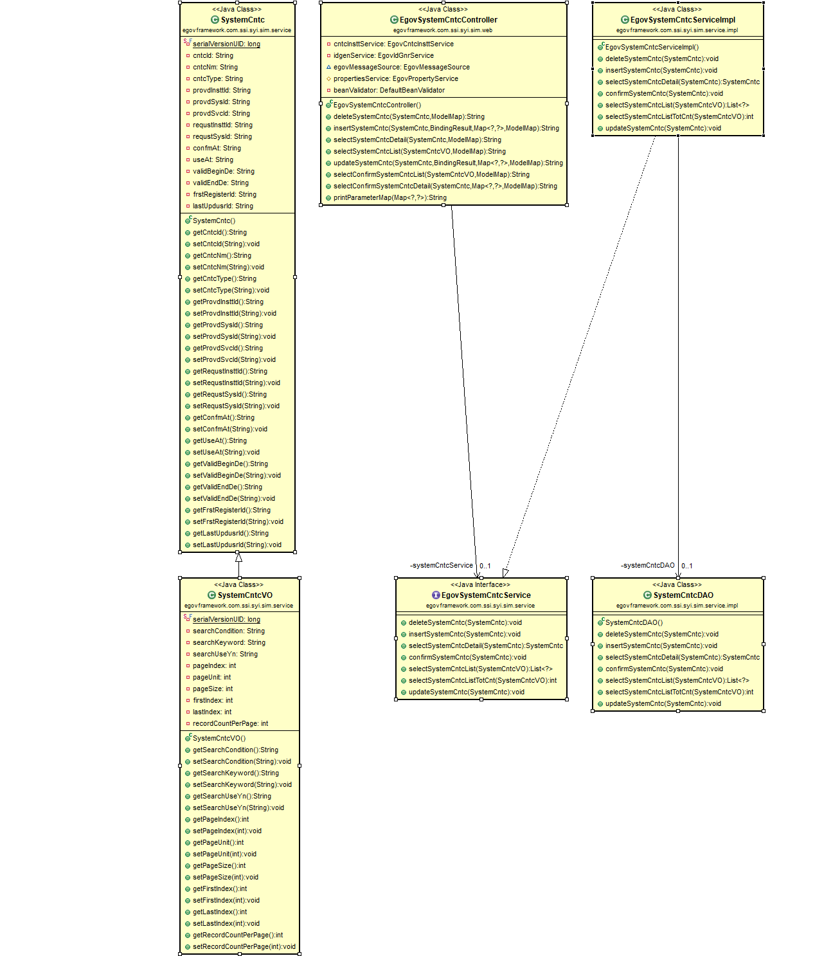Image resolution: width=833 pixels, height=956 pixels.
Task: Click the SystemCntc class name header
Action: point(242,20)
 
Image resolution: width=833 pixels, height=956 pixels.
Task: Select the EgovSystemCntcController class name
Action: point(448,20)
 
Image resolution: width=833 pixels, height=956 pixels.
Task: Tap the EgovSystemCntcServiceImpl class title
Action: point(683,20)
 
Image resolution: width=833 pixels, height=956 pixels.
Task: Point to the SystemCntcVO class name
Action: point(244,595)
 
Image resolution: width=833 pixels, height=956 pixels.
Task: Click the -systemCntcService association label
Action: point(442,566)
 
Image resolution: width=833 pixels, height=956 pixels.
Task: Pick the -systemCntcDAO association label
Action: point(648,566)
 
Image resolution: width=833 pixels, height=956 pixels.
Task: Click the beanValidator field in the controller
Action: point(388,91)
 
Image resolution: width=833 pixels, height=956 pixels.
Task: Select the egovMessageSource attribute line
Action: point(401,68)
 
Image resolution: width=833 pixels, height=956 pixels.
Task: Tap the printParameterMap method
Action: point(390,198)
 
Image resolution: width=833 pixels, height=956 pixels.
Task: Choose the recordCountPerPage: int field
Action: point(230,724)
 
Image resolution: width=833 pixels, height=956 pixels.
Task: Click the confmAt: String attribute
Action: point(217,149)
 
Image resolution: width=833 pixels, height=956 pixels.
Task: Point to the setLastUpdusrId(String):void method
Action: point(237,545)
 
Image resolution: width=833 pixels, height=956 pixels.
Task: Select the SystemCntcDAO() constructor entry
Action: point(634,623)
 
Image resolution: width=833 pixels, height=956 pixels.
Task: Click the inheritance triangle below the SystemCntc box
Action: point(238,557)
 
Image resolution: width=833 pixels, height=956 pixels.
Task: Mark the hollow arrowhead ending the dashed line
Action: point(506,572)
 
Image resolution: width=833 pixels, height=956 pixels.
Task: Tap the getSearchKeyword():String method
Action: point(235,773)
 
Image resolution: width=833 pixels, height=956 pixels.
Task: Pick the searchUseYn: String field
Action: point(225,654)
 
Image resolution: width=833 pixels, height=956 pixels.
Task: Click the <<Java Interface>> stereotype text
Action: point(480,585)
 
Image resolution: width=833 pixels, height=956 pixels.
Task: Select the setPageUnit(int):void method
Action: point(224,854)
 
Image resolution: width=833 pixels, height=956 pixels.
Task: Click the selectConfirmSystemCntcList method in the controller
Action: point(431,175)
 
